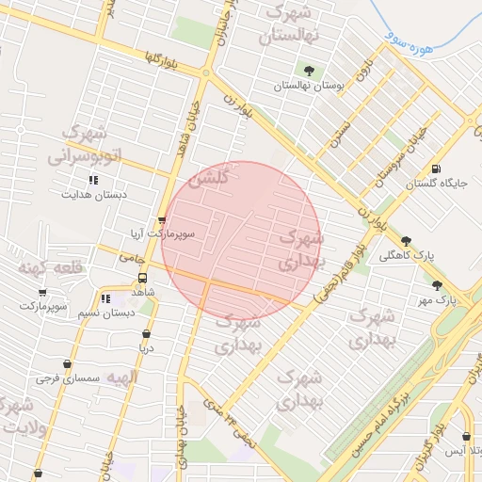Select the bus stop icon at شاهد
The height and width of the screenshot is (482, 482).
(x=142, y=278)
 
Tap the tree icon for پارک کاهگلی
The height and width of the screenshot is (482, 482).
(x=406, y=241)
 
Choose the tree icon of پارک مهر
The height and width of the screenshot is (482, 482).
(x=437, y=284)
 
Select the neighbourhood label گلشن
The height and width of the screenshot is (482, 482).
(x=212, y=177)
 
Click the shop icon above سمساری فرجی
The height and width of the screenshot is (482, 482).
(x=66, y=363)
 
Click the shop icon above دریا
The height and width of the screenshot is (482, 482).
(x=146, y=333)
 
